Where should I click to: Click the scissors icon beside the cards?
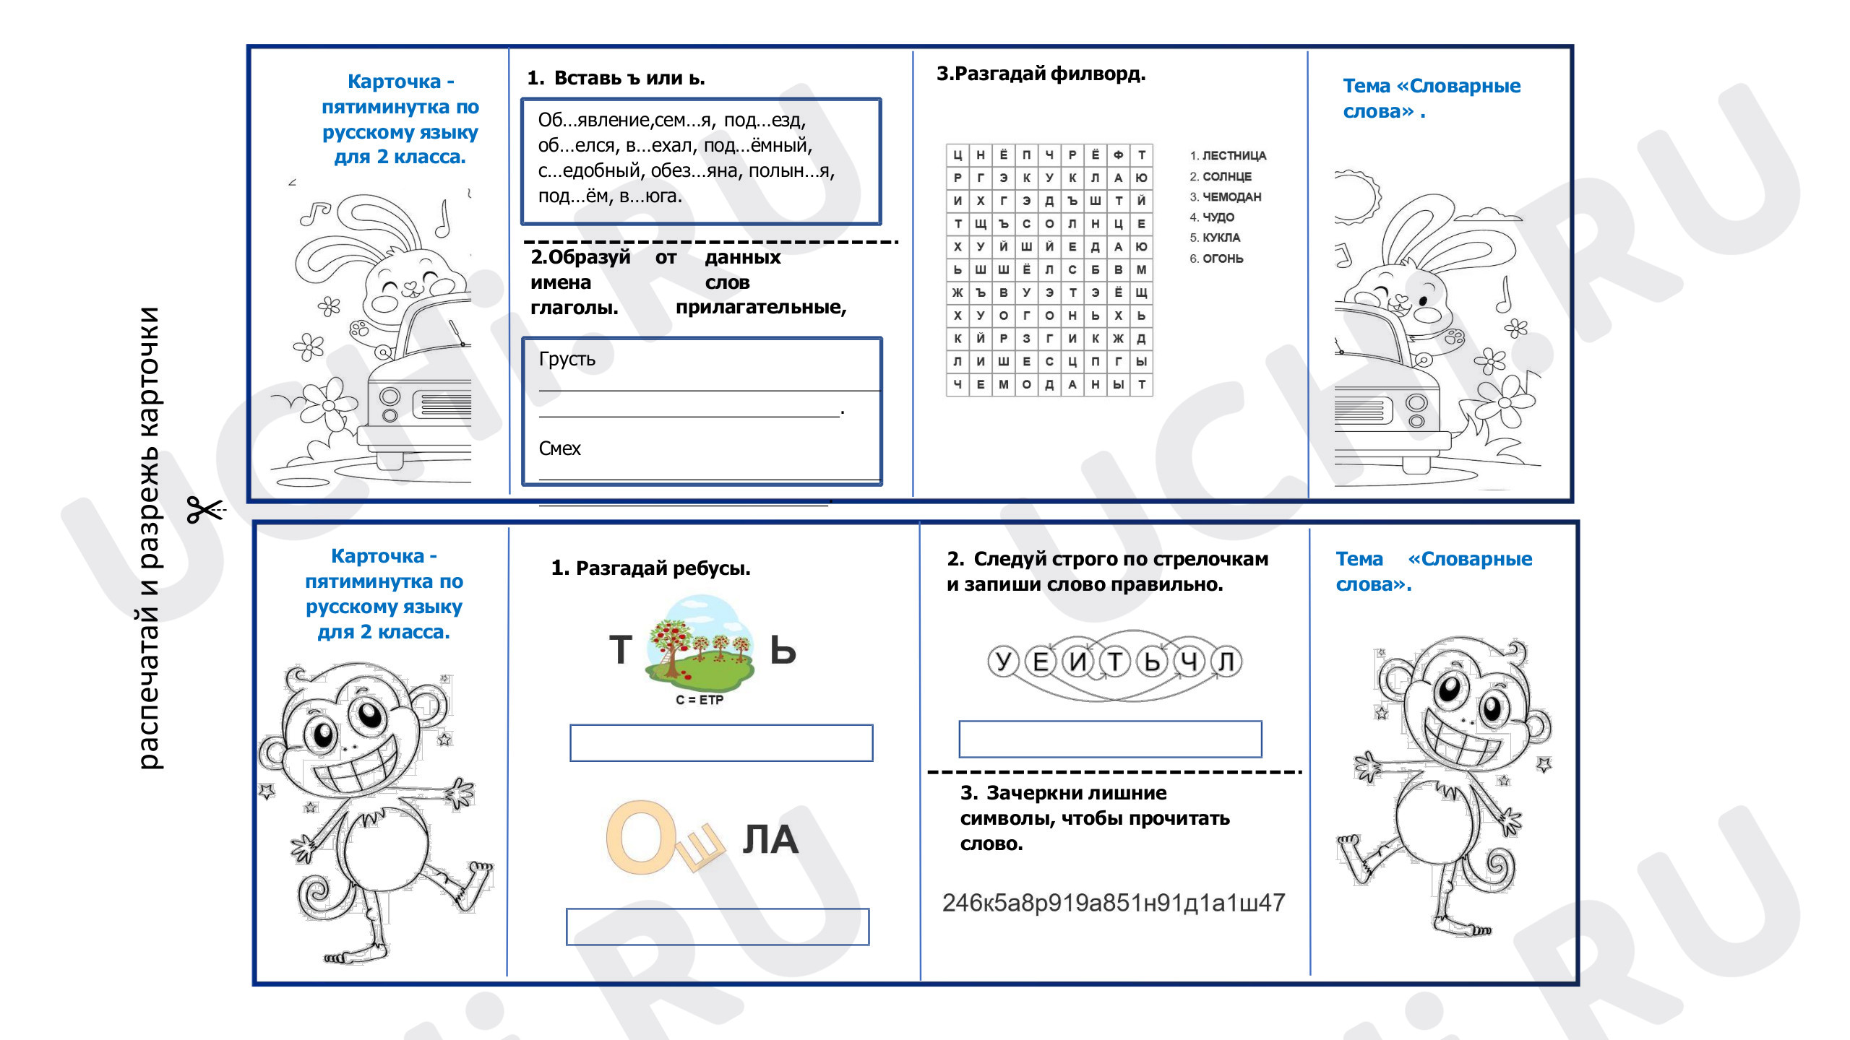pos(206,510)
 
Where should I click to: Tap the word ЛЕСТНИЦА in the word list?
pos(1234,156)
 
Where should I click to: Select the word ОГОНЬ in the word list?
pos(1223,259)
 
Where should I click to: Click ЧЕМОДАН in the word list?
pos(1232,197)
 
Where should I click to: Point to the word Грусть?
pos(567,360)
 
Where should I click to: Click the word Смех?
pos(559,448)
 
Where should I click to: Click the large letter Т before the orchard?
pos(621,649)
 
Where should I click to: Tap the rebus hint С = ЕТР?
pos(700,700)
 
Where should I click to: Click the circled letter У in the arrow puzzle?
pos(1003,662)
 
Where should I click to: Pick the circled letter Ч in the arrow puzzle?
pos(1189,662)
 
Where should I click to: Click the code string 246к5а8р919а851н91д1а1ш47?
pos(1114,903)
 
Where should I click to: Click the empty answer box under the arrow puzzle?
pos(1110,739)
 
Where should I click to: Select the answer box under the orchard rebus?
pos(721,743)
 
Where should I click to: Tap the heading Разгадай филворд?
pos(1041,74)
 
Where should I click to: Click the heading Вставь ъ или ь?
pos(616,78)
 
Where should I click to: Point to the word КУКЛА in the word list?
pos(1221,238)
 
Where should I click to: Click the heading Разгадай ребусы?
pos(651,568)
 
